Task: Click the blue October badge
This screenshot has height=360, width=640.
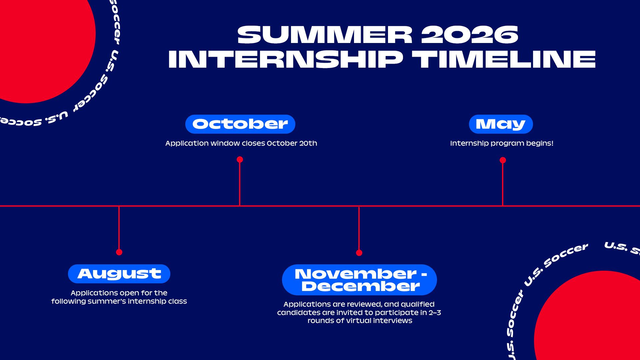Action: [x=240, y=124]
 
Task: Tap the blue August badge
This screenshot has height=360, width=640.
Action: [x=119, y=274]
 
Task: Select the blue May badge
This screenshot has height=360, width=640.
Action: [x=501, y=124]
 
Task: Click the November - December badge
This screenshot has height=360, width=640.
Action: [x=359, y=280]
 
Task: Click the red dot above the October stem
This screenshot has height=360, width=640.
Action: [x=240, y=160]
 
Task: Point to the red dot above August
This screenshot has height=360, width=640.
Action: [x=119, y=252]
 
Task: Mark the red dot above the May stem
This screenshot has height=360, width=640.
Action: [x=503, y=160]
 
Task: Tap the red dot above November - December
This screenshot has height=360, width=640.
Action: [x=359, y=253]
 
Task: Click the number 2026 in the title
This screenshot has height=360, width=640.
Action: [x=470, y=35]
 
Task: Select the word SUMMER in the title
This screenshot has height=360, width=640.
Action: [x=325, y=35]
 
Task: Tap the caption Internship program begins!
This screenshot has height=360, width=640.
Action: [x=502, y=143]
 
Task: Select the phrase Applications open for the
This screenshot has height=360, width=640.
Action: [x=119, y=293]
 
